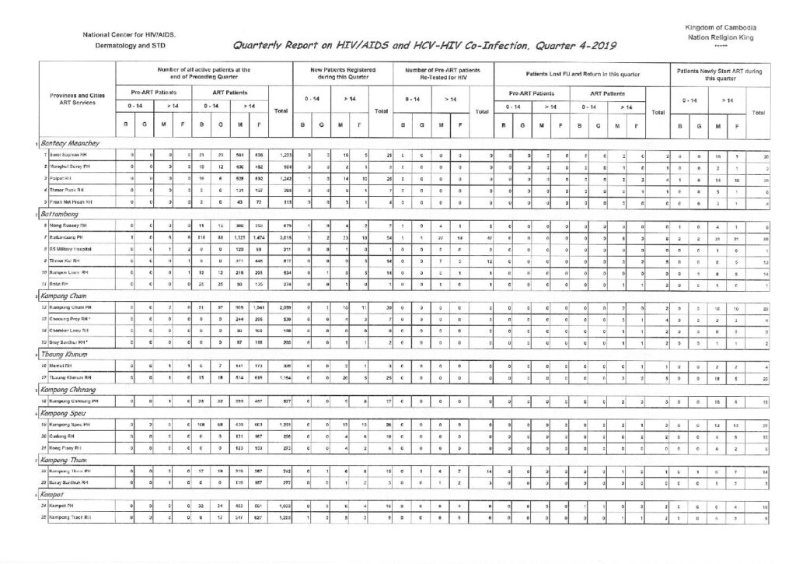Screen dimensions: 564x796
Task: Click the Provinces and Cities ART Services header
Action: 76,100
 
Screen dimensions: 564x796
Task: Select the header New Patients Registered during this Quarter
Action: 343,74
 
